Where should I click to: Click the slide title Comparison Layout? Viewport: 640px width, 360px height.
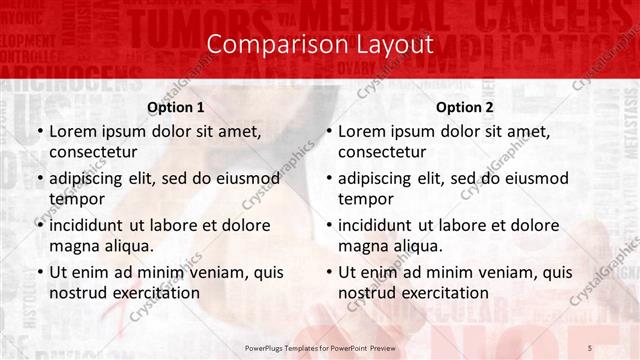coord(320,44)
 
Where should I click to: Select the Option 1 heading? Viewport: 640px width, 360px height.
coord(176,107)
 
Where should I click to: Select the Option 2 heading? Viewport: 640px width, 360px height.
coord(465,107)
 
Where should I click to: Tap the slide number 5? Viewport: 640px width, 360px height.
coord(591,345)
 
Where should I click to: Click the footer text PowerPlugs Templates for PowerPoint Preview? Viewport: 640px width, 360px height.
coord(320,345)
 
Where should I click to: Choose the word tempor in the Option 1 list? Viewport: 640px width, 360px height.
coord(75,199)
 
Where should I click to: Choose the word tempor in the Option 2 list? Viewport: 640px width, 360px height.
coord(364,199)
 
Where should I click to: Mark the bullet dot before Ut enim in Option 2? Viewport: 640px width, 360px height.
coord(328,272)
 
